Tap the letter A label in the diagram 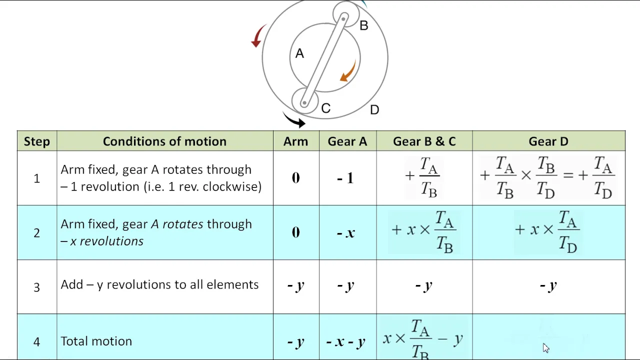point(299,53)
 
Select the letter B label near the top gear point(363,25)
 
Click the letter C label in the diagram point(325,108)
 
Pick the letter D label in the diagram point(374,109)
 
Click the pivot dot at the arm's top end point(343,19)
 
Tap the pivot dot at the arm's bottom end point(304,103)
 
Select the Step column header point(37,141)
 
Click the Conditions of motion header point(164,141)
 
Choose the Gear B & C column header point(424,141)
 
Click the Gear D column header point(548,141)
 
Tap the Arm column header point(295,141)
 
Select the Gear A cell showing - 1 point(345,178)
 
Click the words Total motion point(96,341)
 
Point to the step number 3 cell point(36,287)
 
